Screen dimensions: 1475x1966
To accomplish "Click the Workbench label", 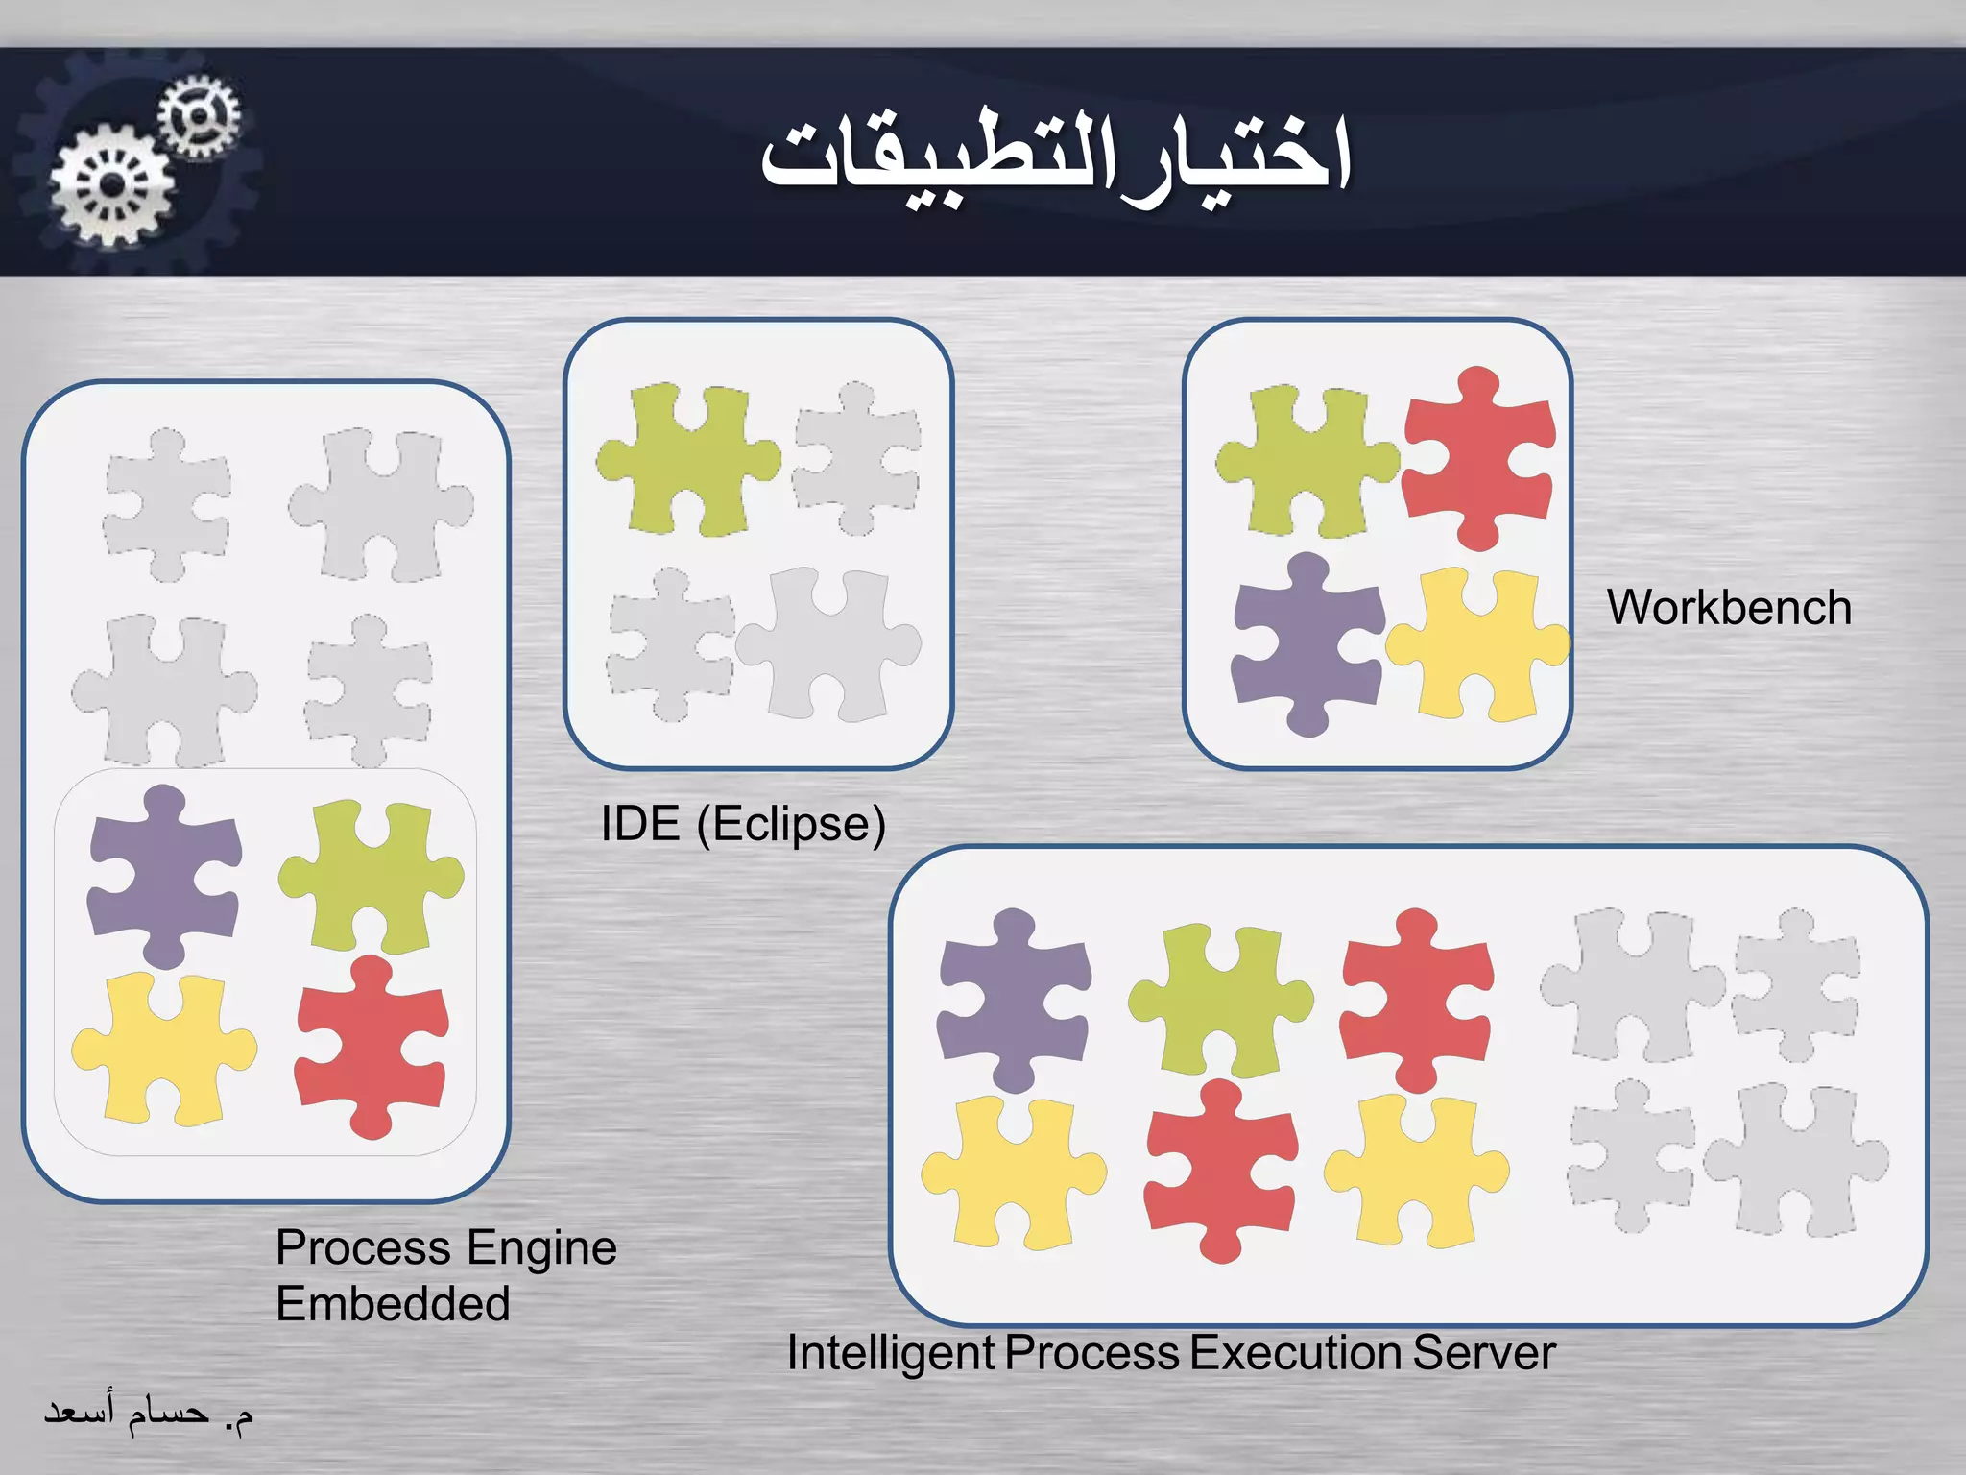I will pos(1729,608).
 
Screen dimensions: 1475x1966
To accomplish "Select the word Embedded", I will pos(393,1304).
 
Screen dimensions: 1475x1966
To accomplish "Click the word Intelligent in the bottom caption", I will pos(890,1353).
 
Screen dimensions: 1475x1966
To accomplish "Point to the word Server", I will pos(1484,1353).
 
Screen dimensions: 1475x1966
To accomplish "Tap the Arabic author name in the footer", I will pos(149,1413).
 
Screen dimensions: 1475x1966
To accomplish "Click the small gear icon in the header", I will pos(199,116).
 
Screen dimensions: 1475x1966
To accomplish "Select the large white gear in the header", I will pos(112,185).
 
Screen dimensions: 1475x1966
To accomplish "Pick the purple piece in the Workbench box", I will pos(1306,643).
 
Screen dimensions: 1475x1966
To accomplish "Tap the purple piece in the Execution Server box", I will pos(1013,999).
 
